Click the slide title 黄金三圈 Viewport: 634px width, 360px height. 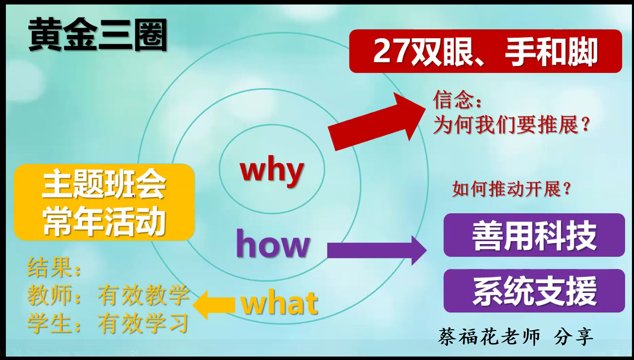coord(98,35)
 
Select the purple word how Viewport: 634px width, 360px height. coord(273,244)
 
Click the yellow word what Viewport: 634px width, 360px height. coord(279,302)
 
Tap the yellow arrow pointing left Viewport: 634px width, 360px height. coord(214,305)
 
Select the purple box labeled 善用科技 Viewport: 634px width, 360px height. coord(534,235)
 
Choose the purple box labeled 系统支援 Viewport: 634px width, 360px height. coord(534,291)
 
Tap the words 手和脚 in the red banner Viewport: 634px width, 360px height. coord(551,52)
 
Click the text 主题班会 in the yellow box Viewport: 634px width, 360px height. coord(104,184)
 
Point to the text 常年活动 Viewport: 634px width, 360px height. coord(104,221)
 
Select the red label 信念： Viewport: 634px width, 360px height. coord(457,100)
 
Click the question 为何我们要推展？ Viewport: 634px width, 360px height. coord(512,124)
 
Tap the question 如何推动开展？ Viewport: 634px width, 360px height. coord(511,189)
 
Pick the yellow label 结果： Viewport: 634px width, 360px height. coord(55,267)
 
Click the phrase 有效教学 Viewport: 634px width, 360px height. coord(144,295)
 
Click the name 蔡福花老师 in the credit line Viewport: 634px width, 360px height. coord(489,337)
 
